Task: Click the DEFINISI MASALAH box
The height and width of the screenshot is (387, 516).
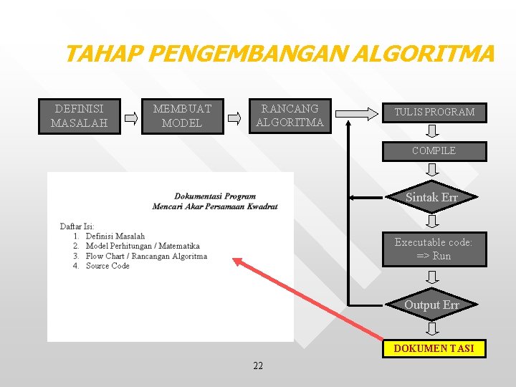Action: [x=78, y=116]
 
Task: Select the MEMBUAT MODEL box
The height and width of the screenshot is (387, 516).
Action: [x=182, y=116]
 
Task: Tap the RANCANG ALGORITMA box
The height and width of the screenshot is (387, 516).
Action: [x=290, y=116]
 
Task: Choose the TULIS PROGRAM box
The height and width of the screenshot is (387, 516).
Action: [x=434, y=113]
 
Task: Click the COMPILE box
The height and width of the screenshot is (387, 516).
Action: [x=434, y=151]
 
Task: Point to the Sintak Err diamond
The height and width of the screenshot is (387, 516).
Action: [x=431, y=198]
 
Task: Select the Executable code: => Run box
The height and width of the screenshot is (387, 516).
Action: [x=434, y=249]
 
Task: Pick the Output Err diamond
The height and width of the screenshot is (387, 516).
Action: [x=431, y=305]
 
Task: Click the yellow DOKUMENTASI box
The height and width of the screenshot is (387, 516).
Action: [x=434, y=348]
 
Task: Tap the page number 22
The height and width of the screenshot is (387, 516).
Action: [x=258, y=366]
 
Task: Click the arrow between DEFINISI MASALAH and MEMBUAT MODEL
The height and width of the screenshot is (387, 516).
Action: [x=130, y=118]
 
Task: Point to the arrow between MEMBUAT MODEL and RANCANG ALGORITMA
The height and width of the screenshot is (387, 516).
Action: [x=235, y=118]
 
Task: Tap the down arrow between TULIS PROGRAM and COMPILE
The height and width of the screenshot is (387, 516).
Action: [x=433, y=131]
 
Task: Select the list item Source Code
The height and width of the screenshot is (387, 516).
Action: [x=107, y=266]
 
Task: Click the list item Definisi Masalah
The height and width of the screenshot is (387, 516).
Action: [x=115, y=236]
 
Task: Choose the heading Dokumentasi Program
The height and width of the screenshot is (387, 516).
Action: [x=215, y=196]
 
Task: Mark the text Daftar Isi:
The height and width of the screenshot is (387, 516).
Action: [x=77, y=226]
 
